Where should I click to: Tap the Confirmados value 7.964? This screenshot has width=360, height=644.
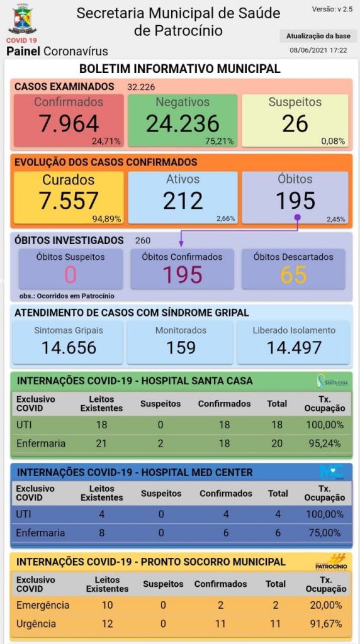point(69,124)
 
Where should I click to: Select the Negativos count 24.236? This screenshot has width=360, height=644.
point(183,124)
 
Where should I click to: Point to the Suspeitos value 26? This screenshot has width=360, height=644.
point(295,124)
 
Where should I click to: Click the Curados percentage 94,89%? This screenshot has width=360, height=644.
point(106,219)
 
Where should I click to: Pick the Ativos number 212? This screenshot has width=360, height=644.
point(183,201)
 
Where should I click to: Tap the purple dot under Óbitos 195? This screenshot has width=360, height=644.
point(298,216)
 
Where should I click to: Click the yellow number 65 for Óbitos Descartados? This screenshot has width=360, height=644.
point(293,275)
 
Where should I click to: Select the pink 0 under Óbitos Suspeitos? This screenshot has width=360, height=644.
point(70,275)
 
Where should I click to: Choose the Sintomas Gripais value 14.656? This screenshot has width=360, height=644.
point(69,347)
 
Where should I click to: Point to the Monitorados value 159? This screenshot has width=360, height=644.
point(181,347)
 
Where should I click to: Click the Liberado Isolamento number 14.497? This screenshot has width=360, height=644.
point(294,347)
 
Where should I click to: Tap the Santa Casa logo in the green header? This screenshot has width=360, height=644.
point(333,380)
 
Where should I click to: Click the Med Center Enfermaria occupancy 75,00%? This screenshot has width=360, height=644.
point(323,533)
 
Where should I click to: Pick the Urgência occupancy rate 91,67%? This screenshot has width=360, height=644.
point(324,624)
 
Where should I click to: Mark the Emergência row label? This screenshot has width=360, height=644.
point(43,606)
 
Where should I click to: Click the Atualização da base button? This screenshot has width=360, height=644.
point(318,36)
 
